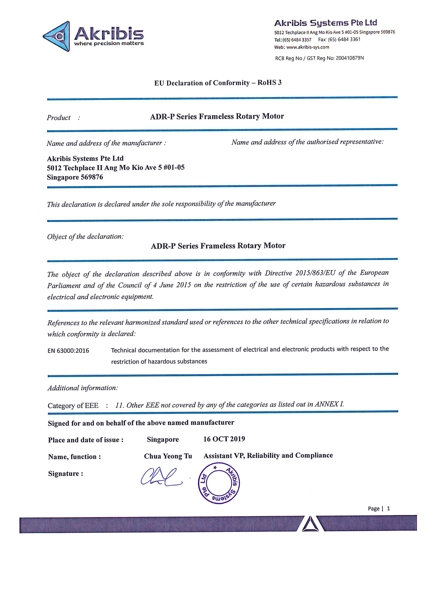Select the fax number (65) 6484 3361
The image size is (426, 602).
344,39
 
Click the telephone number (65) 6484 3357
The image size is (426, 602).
297,40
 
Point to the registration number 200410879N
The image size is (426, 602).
350,58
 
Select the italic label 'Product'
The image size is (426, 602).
59,118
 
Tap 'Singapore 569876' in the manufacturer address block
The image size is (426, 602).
75,177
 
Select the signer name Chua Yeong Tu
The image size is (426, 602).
168,456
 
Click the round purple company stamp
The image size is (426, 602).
219,483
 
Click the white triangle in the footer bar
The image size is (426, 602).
310,524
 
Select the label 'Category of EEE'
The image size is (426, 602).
73,406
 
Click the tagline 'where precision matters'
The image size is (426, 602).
109,44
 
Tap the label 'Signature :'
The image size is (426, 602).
66,474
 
